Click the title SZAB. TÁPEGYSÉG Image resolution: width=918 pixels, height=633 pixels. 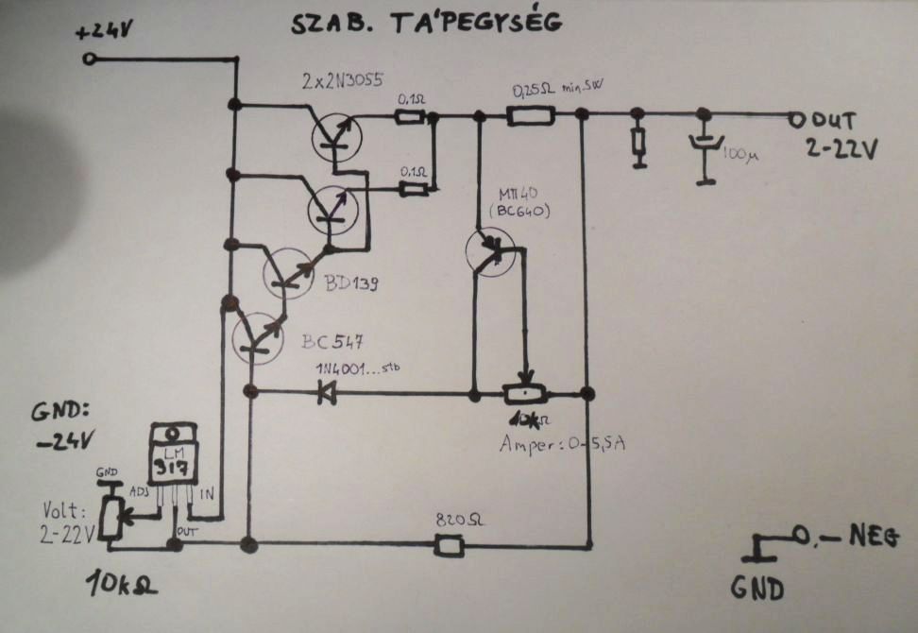[x=426, y=23]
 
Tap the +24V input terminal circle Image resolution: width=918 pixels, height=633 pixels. [x=90, y=59]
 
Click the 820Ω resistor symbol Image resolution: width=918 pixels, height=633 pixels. [x=448, y=545]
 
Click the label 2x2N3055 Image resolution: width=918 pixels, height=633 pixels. [x=342, y=81]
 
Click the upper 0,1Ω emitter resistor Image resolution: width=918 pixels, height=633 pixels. [x=410, y=117]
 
